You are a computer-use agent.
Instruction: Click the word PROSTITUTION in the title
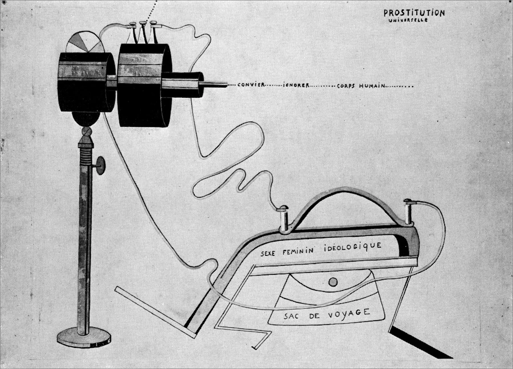414,13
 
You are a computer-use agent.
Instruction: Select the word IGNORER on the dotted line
296,85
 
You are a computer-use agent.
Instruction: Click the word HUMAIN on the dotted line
371,86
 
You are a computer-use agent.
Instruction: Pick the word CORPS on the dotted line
346,86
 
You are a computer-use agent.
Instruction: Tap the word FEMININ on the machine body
298,251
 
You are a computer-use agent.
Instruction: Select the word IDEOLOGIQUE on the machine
353,247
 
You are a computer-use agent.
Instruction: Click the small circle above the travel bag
333,282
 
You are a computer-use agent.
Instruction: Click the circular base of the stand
84,338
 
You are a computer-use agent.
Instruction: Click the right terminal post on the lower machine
410,210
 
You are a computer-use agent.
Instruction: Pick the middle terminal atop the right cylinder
142,33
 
